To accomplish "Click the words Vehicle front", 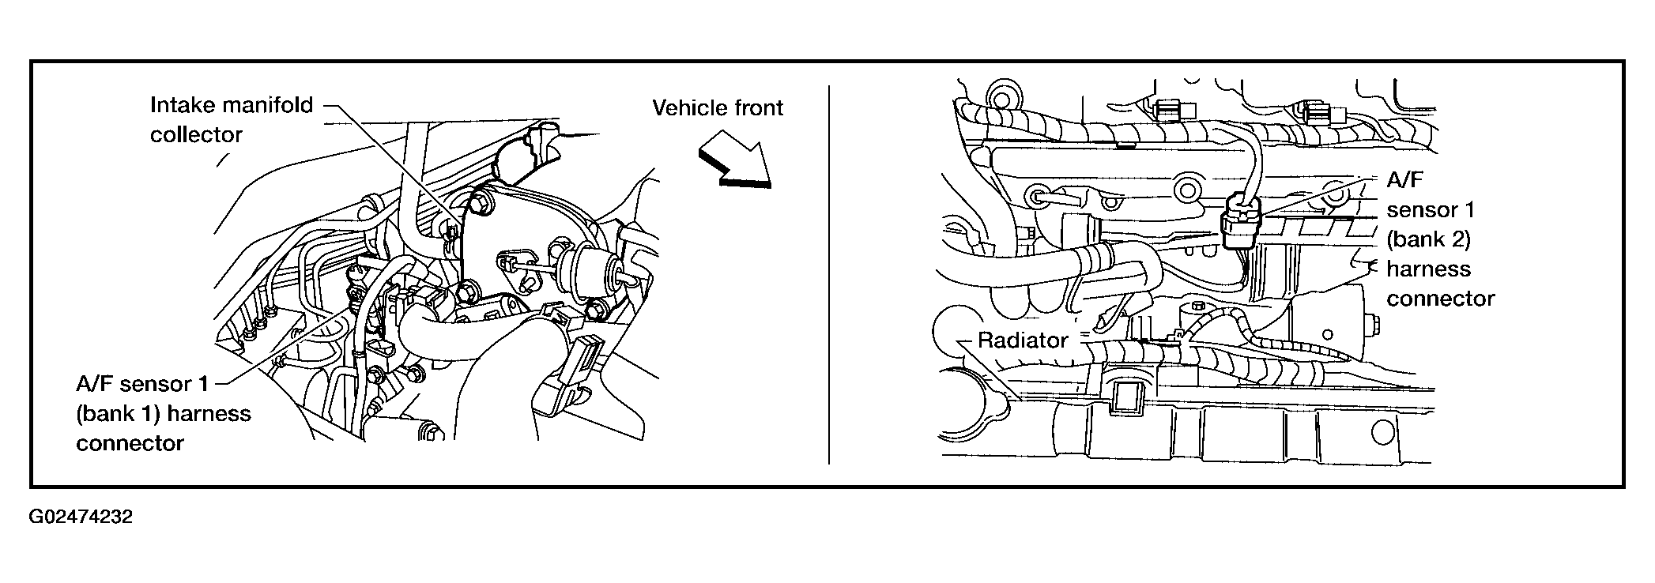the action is pos(718,107).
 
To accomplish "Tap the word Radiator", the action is pos(1023,340).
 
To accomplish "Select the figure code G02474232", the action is pos(81,517).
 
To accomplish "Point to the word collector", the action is pos(196,135).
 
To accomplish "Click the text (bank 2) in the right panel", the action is pos(1428,239).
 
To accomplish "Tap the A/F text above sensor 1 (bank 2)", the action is pos(1404,179).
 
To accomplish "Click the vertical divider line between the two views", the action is pos(828,275).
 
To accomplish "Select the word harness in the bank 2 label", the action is pos(1428,269).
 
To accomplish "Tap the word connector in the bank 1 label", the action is pos(130,443).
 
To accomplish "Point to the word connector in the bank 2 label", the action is pos(1441,299).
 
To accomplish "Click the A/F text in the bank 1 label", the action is pos(92,384).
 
